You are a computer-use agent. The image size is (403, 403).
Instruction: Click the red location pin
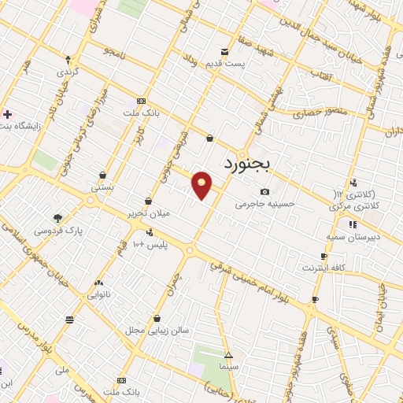(202, 185)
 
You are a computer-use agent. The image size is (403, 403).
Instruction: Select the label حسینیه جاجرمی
(264, 203)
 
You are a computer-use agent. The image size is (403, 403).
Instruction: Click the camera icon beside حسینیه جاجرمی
(264, 192)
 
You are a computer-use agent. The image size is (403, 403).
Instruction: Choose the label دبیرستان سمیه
(353, 236)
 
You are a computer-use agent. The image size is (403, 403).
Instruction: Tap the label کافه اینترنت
(322, 268)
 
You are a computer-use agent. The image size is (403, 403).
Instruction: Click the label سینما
(228, 367)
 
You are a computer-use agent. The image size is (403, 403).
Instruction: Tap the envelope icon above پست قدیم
(226, 52)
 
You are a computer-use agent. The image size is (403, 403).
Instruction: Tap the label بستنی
(103, 187)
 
